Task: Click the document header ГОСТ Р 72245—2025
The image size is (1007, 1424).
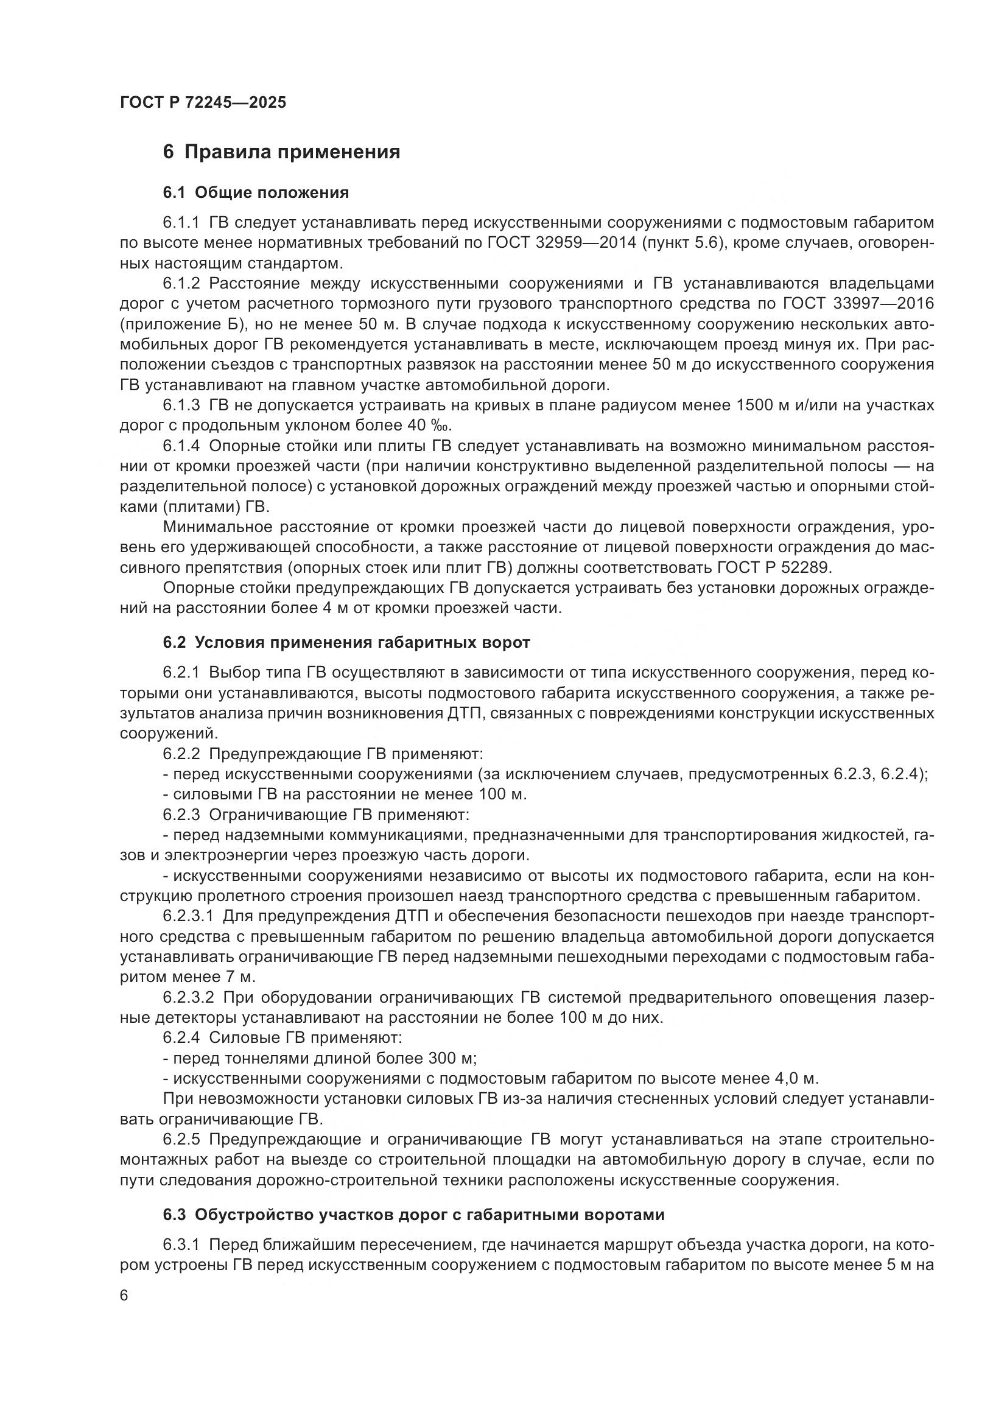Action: tap(203, 102)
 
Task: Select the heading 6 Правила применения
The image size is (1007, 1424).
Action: tap(281, 152)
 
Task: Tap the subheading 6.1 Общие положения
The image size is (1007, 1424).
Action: tap(256, 193)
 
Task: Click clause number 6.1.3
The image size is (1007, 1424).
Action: tap(181, 405)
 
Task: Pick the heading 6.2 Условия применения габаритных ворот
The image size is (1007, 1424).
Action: tap(346, 642)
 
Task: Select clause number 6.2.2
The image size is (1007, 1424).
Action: tap(181, 754)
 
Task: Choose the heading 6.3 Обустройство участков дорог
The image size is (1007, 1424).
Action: tap(413, 1215)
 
